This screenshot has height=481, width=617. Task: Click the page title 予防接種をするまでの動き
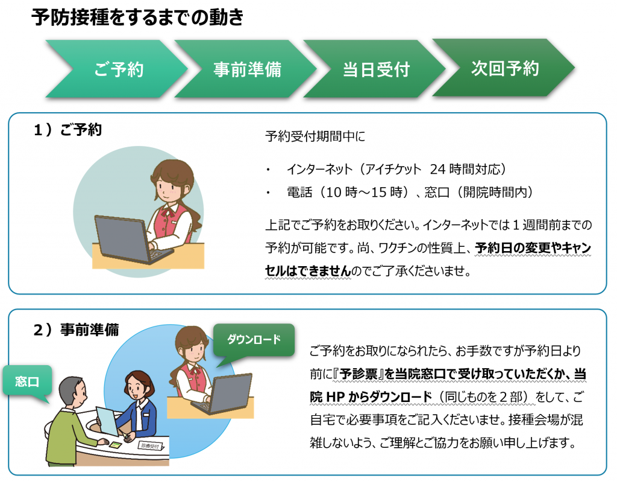pyautogui.click(x=138, y=18)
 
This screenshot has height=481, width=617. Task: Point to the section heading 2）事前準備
pyautogui.click(x=76, y=330)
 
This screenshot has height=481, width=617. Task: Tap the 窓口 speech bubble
pyautogui.click(x=27, y=381)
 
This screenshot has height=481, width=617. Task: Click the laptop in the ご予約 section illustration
pyautogui.click(x=132, y=240)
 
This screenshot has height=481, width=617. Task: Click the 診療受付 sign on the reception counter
pyautogui.click(x=150, y=446)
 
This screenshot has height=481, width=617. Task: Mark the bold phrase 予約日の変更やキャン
pyautogui.click(x=533, y=248)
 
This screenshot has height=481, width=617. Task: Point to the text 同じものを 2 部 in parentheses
pyautogui.click(x=483, y=397)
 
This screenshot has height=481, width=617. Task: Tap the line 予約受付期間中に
pyautogui.click(x=315, y=136)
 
